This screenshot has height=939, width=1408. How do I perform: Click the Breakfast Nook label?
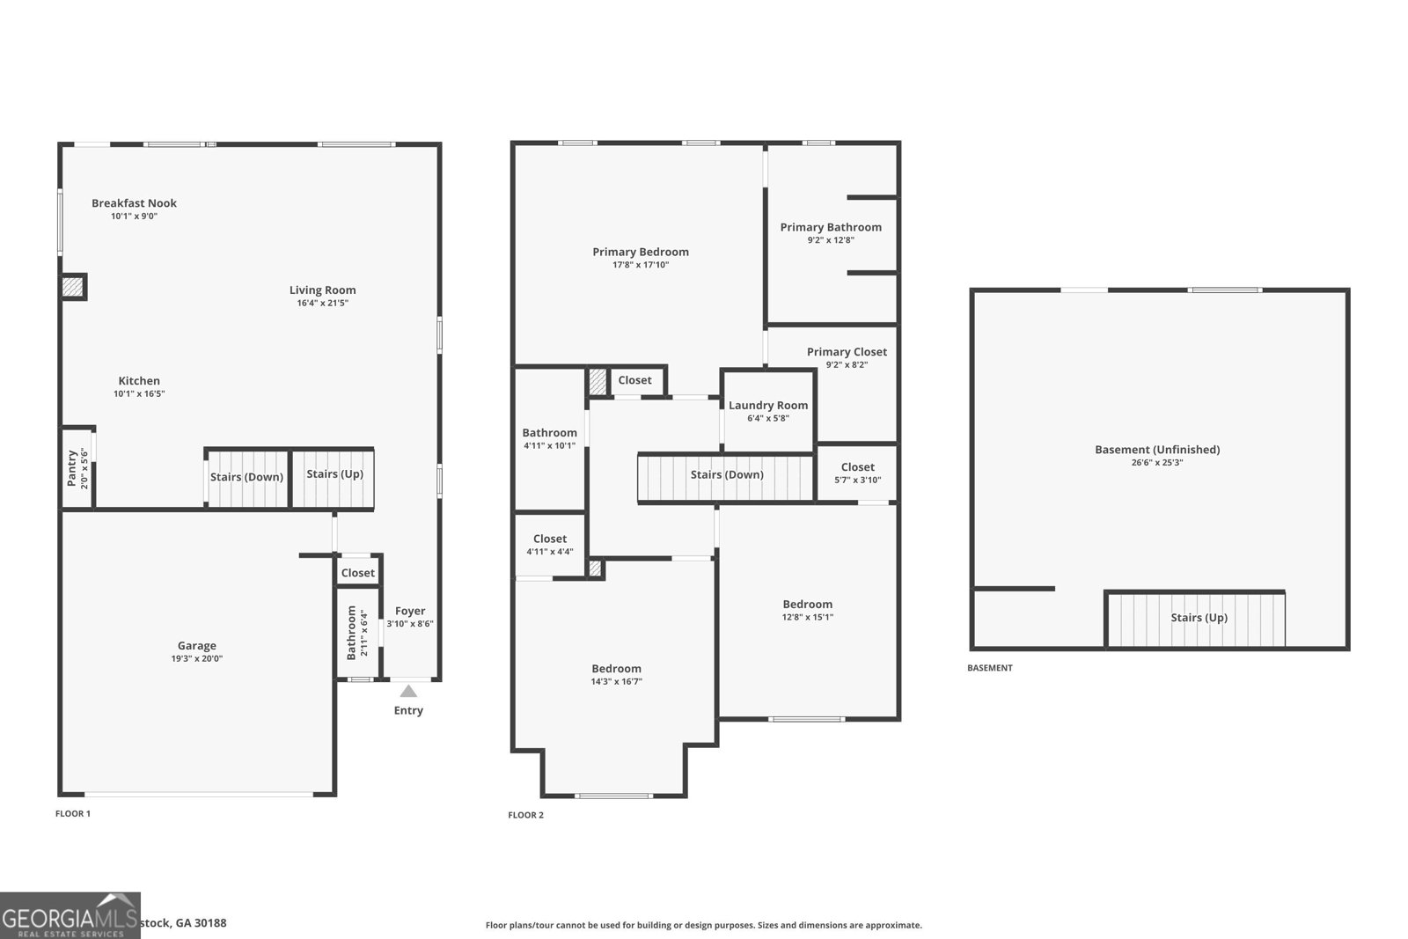pos(134,203)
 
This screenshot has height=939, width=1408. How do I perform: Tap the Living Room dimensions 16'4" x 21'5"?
pos(323,304)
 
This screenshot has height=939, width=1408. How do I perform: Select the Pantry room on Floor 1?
pos(77,468)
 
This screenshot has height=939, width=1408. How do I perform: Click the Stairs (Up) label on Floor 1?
pos(334,474)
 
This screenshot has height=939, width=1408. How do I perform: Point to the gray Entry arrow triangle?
pos(408,692)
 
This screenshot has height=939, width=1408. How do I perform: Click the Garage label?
pos(196,646)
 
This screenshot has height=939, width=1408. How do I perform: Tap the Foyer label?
pos(410,611)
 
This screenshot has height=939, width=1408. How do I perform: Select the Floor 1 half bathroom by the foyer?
pos(357,632)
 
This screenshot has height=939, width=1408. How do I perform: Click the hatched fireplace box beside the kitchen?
pos(72,287)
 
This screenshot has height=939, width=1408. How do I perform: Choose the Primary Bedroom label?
pos(641,252)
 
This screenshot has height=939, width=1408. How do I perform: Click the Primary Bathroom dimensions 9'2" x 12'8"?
pos(831,240)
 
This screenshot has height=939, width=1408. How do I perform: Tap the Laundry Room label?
pos(768,406)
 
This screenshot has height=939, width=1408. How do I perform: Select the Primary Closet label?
pos(847,352)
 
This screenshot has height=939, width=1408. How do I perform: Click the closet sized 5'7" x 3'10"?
pos(857,473)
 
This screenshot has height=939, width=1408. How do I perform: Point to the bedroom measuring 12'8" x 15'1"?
pos(808,611)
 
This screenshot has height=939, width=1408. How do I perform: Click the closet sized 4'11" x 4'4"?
pos(550,545)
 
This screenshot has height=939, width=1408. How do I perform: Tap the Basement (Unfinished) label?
pos(1157,450)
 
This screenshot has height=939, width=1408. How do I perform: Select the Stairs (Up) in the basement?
pos(1199,618)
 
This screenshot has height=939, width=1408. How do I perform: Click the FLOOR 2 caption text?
pos(525,815)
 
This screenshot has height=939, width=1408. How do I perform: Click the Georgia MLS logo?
pos(70,915)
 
